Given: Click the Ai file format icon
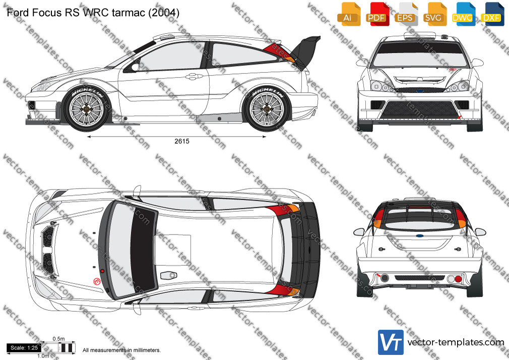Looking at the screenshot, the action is [x=349, y=14].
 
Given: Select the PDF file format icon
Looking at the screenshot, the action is [x=377, y=14].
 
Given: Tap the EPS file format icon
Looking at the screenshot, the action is [x=406, y=14].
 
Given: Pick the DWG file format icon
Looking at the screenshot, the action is [x=464, y=14].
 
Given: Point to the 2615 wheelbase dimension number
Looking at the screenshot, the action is [x=182, y=141].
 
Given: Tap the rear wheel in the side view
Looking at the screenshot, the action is [x=267, y=109].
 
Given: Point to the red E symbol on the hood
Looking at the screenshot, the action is [x=96, y=281].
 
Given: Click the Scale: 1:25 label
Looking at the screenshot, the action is [x=24, y=348].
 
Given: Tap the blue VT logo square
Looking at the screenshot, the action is [x=391, y=342].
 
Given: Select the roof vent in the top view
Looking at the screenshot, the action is [x=169, y=275].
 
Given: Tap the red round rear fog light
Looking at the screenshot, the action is [x=458, y=279].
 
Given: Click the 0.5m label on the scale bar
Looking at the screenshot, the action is [x=59, y=339].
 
